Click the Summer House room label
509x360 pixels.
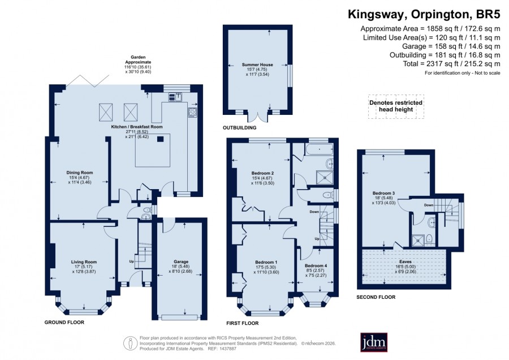(257, 65)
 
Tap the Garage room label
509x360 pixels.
(181, 262)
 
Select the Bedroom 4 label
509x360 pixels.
(316, 265)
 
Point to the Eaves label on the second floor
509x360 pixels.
(406, 262)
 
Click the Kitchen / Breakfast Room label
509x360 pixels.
(137, 127)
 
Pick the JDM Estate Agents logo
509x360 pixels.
(374, 342)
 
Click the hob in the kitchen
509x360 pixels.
(192, 112)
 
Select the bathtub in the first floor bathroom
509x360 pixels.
(320, 150)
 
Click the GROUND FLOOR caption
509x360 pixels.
(64, 322)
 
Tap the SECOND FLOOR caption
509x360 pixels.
(376, 297)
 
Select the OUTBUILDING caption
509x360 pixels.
(240, 128)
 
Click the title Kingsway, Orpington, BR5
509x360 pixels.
(424, 14)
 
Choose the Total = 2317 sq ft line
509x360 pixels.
(451, 64)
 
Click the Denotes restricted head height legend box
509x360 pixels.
(396, 106)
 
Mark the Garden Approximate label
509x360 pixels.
(139, 59)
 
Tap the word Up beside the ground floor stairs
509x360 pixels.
(131, 262)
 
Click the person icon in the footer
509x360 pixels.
(131, 344)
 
